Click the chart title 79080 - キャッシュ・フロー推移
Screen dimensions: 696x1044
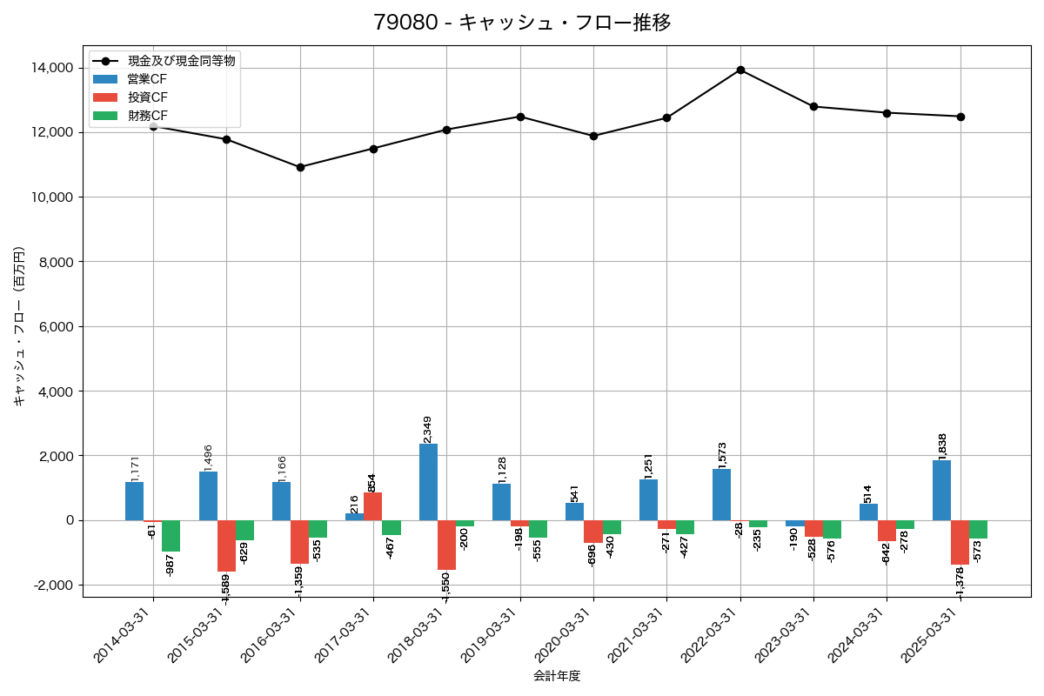(522, 23)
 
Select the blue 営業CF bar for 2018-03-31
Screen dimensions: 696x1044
(428, 482)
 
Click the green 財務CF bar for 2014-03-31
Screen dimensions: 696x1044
(171, 536)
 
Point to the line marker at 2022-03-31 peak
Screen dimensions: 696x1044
(740, 70)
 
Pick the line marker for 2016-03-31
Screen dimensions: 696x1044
(300, 167)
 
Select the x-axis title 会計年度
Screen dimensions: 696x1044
(557, 676)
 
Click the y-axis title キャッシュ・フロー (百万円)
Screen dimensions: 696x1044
(19, 327)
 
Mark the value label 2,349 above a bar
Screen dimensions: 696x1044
(427, 430)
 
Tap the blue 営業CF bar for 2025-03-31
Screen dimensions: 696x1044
(941, 491)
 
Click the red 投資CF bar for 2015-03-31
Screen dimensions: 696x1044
(226, 545)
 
